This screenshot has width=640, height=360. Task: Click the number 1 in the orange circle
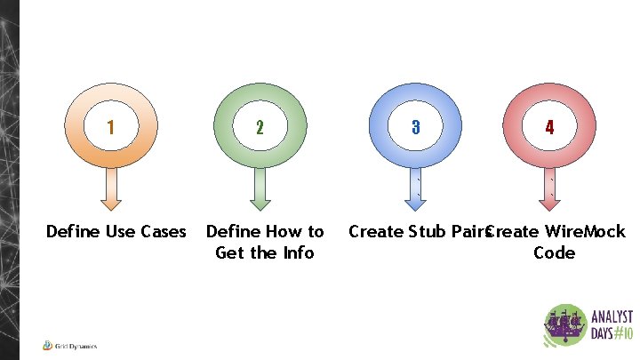tap(110, 127)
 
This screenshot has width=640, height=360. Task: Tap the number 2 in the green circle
tap(259, 127)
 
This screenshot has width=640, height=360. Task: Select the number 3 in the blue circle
tap(415, 127)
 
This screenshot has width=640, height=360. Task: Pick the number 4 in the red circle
tap(550, 127)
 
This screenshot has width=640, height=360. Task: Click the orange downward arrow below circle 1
tap(110, 188)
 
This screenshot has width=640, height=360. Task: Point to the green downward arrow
tap(259, 188)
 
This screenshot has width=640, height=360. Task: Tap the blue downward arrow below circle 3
tap(415, 188)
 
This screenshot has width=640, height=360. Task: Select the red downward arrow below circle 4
tap(550, 188)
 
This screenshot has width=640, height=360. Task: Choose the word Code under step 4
tap(554, 253)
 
